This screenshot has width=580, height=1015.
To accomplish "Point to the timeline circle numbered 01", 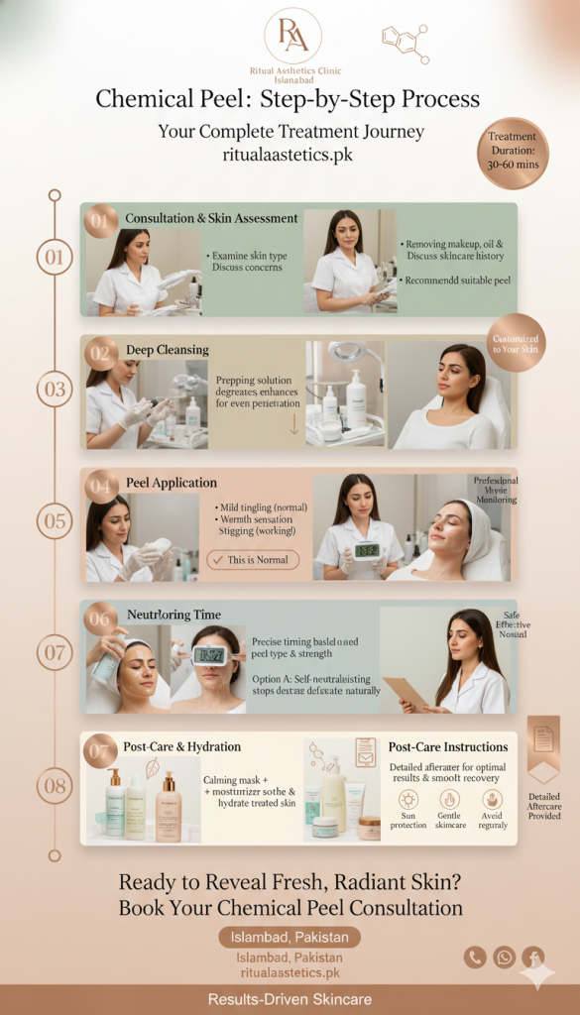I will point(55,258).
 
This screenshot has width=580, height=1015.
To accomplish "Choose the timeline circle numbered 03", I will point(55,389).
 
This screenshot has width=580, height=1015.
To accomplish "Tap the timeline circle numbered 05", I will point(55,520).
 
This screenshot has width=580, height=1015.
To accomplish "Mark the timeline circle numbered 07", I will point(55,653).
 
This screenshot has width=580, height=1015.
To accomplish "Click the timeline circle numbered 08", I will point(55,786).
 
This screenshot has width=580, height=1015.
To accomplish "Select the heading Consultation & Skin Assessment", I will point(211,218).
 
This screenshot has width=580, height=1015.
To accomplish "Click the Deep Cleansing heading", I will point(168,350).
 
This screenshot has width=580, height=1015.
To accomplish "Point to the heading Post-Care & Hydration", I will point(181,746).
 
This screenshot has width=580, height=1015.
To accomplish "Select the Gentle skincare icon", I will point(449,800).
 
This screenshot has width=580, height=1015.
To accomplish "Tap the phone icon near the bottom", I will point(475,957).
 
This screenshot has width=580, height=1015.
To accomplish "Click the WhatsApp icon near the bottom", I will point(505,957).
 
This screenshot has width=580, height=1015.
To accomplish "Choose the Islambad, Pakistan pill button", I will point(290,937).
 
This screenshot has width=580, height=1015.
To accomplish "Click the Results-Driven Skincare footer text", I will point(290,999).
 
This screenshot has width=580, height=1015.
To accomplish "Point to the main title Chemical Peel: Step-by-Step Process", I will point(288,100).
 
